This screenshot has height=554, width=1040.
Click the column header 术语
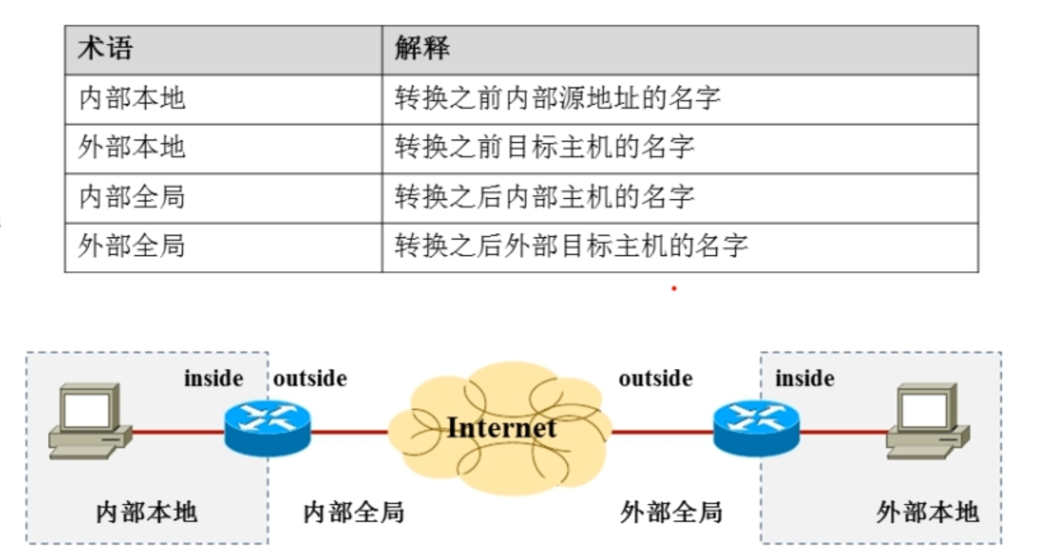point(105,48)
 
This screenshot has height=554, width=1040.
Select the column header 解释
point(421,48)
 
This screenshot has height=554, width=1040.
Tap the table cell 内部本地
point(131,98)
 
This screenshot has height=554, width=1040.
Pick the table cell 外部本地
point(131,147)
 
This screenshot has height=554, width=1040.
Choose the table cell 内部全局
point(131,197)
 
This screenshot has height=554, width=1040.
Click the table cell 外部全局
point(131,247)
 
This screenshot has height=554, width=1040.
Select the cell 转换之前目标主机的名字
point(544,147)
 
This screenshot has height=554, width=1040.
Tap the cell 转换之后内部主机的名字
point(544,197)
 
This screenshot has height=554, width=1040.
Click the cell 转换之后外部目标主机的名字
point(571,247)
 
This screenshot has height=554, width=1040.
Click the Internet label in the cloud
point(502,427)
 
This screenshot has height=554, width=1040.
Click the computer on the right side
point(926,420)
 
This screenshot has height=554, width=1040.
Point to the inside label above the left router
point(214,379)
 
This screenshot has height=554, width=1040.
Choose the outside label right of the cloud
point(655,379)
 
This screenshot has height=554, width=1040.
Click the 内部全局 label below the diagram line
point(353,512)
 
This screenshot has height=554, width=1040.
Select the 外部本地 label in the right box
point(927,512)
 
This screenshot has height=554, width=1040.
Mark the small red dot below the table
point(674,289)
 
